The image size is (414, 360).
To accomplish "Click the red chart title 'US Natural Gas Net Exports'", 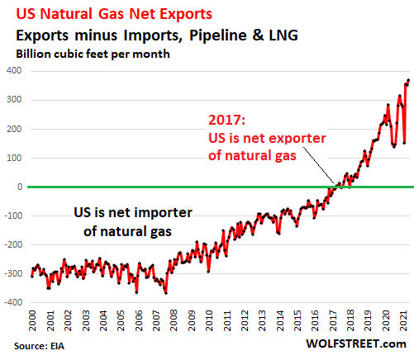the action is tap(114, 13).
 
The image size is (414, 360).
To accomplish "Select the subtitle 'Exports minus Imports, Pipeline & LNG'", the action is tap(157, 36).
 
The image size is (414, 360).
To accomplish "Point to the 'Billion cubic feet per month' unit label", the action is tap(93, 54).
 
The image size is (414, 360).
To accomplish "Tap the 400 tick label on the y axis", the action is tap(14, 71).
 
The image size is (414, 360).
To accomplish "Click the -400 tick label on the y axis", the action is tap(12, 302).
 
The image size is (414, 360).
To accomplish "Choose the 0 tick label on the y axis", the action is tap(20, 187).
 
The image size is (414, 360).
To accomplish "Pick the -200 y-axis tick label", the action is tap(12, 244).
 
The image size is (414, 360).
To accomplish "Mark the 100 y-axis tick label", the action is tap(14, 158).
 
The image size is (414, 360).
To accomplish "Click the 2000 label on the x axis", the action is tap(32, 320).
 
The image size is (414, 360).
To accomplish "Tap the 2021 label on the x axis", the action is tap(403, 320).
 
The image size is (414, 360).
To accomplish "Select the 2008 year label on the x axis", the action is tap(174, 320).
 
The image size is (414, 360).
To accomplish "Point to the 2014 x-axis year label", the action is tap(280, 320).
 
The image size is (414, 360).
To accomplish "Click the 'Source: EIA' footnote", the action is tap(39, 346).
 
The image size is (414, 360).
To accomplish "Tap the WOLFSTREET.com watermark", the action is tap(356, 343).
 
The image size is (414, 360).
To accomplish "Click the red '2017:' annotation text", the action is tap(226, 120).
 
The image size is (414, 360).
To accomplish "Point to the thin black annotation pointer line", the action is tap(319, 165).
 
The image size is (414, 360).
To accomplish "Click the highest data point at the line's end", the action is tap(409, 80).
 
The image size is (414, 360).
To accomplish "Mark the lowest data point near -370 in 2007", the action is tap(166, 293).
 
